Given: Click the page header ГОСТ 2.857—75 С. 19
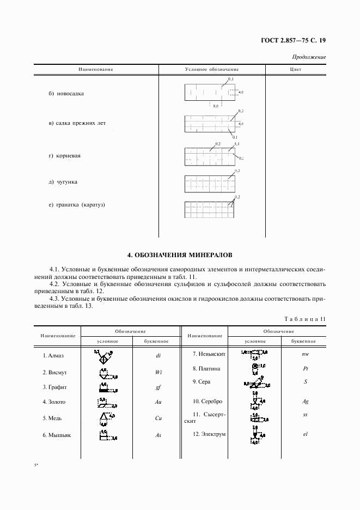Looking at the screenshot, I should click(x=294, y=40).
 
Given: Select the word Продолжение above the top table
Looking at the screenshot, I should click(x=309, y=57).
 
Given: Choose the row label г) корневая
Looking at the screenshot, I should click(x=64, y=156).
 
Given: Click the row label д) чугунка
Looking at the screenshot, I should click(x=63, y=181).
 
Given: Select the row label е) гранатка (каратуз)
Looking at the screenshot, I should click(x=76, y=205).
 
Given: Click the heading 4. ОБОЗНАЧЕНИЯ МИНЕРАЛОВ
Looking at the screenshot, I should click(x=179, y=254).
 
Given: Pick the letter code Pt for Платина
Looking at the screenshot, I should click(x=306, y=369).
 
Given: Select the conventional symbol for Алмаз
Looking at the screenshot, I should click(x=102, y=357).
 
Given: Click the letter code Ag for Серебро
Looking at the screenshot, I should click(x=306, y=402).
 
